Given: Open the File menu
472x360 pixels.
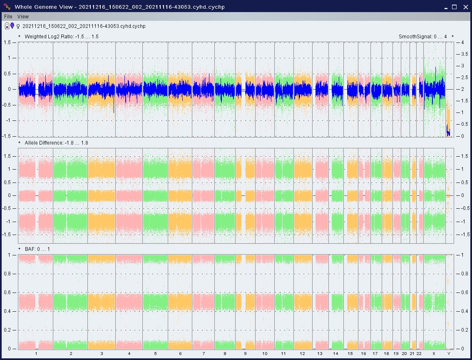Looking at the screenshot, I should [x=8, y=17].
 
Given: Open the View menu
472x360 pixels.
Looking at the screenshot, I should [x=23, y=17].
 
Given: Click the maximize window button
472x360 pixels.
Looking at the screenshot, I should [x=455, y=7].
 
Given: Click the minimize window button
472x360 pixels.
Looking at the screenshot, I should [x=445, y=7].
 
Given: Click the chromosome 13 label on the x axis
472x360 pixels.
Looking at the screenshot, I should [x=320, y=353].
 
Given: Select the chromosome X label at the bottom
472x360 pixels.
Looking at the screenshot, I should [x=434, y=353].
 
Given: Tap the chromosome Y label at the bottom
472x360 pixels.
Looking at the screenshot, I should [x=449, y=353].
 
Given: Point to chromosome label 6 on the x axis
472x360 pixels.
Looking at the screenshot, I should [x=180, y=353].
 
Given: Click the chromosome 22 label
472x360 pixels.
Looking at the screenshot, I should [x=419, y=353].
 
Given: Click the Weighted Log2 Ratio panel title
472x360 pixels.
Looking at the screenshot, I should [x=61, y=37].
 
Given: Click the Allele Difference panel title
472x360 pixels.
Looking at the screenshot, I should [x=56, y=143].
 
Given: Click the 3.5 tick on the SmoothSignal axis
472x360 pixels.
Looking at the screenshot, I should [x=461, y=54].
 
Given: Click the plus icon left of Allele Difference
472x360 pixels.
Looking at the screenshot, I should [x=20, y=143].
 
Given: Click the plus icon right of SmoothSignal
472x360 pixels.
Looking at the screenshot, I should [x=452, y=37].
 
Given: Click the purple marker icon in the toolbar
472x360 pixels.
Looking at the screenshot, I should [x=12, y=26].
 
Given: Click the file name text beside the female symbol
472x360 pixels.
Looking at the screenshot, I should [x=84, y=26].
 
